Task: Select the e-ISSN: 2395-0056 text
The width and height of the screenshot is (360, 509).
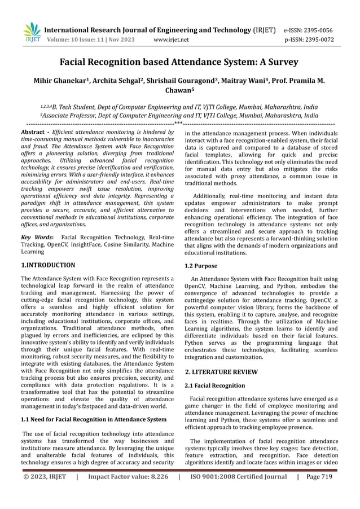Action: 308,30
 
